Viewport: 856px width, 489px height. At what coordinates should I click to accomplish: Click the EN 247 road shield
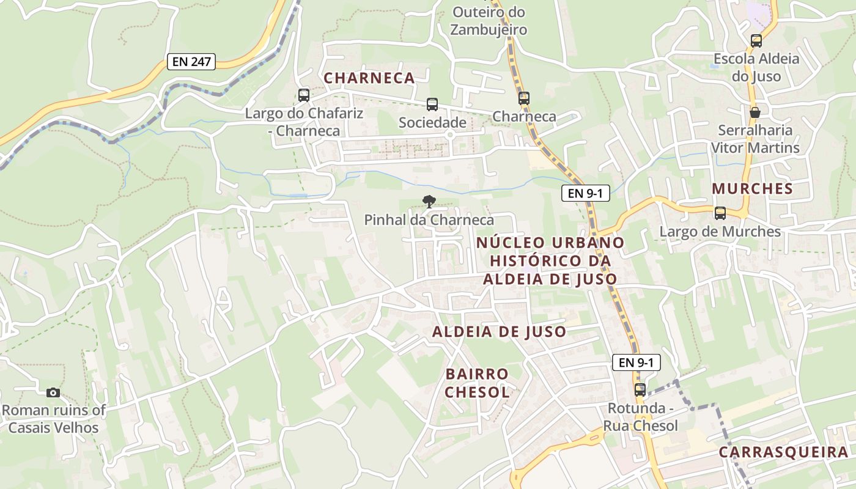pyautogui.click(x=191, y=62)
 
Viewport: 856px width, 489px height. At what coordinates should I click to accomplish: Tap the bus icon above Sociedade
pyautogui.click(x=432, y=105)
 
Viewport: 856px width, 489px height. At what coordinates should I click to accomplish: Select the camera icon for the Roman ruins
pyautogui.click(x=53, y=392)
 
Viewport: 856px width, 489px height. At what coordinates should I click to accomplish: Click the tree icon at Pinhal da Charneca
pyautogui.click(x=429, y=200)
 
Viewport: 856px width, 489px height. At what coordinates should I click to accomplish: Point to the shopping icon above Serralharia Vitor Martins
pyautogui.click(x=755, y=112)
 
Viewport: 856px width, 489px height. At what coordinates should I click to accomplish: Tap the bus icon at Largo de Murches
pyautogui.click(x=720, y=213)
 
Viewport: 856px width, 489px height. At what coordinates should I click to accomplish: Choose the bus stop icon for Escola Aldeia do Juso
pyautogui.click(x=756, y=41)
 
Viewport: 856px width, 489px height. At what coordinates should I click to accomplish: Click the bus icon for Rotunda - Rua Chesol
pyautogui.click(x=640, y=389)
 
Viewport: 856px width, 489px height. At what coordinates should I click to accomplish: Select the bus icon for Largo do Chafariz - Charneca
pyautogui.click(x=304, y=95)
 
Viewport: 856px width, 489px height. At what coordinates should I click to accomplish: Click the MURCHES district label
pyautogui.click(x=752, y=189)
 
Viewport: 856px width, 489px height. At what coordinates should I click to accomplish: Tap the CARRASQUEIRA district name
pyautogui.click(x=784, y=452)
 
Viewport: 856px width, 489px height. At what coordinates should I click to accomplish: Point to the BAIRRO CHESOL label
pyautogui.click(x=478, y=383)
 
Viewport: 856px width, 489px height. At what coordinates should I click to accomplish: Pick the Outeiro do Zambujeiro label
pyautogui.click(x=489, y=20)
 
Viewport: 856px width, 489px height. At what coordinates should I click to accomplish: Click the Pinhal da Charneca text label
pyautogui.click(x=429, y=219)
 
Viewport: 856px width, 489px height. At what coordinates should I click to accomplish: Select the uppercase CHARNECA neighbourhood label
pyautogui.click(x=369, y=78)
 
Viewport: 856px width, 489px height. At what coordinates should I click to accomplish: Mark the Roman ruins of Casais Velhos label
pyautogui.click(x=53, y=419)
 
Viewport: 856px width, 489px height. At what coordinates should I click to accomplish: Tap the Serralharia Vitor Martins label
pyautogui.click(x=755, y=139)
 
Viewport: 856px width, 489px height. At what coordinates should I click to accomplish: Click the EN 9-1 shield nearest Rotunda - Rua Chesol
pyautogui.click(x=636, y=362)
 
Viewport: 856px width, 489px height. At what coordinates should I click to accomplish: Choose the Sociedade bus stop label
pyautogui.click(x=432, y=123)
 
